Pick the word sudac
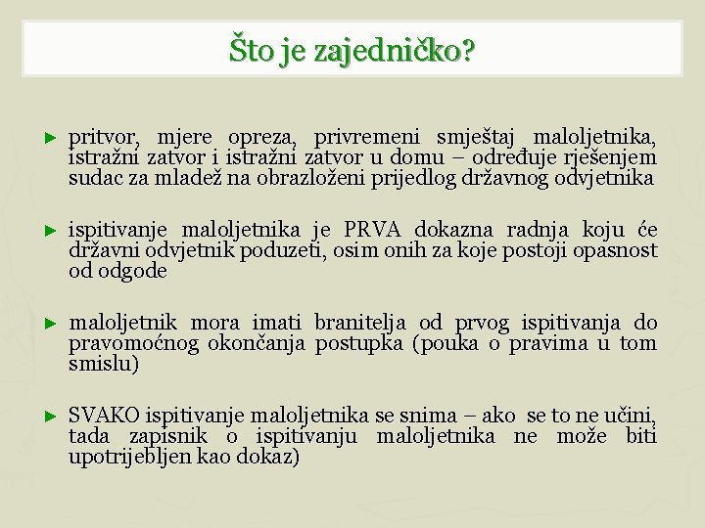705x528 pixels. (91, 179)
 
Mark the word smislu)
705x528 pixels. (103, 365)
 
